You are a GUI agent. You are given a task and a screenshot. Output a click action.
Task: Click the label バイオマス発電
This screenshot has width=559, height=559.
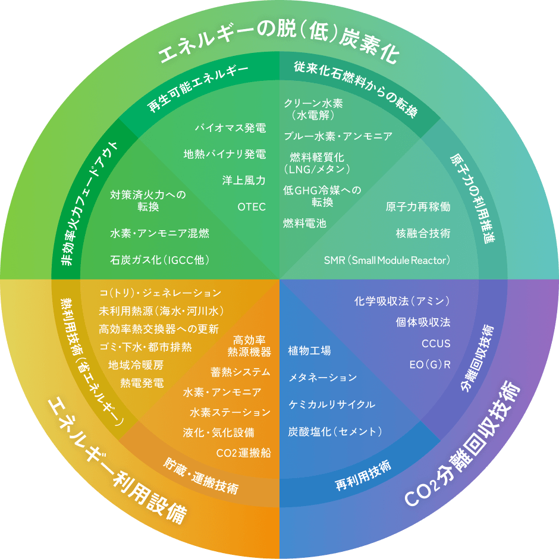230,128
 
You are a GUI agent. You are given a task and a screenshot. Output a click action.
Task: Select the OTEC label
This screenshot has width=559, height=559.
252,207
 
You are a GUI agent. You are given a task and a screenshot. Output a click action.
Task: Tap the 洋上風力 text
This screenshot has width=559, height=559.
244,180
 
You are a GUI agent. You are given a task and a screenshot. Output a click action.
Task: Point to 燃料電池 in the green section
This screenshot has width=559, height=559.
305,223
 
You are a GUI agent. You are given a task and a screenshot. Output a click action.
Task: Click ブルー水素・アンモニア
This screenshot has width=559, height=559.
338,136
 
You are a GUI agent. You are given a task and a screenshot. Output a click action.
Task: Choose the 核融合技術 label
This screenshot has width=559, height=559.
423,233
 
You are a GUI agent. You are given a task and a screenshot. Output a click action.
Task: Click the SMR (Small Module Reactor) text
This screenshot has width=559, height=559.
387,260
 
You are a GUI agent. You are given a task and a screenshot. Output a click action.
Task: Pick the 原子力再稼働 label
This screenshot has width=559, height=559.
418,207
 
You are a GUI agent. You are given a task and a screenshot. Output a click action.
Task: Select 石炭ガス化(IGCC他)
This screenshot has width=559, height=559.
160,260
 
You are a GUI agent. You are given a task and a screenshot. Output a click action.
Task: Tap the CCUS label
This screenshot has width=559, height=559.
436,343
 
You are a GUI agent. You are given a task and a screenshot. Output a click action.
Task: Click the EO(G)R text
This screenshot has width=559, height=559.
430,365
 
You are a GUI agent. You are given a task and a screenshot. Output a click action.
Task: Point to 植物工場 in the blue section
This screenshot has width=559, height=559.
309,351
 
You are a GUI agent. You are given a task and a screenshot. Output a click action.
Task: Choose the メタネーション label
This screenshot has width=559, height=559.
323,378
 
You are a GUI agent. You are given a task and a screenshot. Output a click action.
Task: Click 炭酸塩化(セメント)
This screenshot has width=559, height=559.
335,432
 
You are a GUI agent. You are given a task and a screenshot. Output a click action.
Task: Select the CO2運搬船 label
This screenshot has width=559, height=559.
243,453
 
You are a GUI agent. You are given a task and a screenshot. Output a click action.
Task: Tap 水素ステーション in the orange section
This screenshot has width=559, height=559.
230,413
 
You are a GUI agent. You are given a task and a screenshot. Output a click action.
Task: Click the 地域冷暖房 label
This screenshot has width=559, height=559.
136,365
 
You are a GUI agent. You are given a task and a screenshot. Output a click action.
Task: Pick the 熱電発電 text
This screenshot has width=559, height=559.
142,383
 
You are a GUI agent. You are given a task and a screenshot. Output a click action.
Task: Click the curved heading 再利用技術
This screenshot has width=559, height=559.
363,475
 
